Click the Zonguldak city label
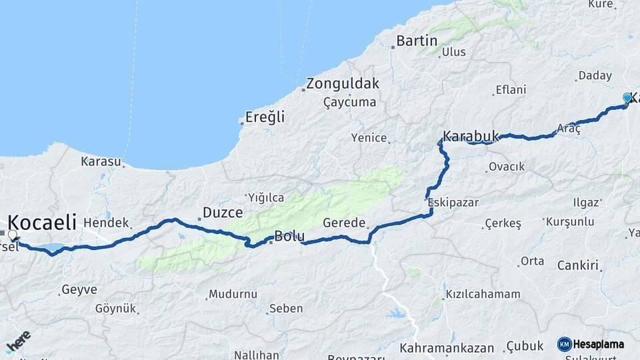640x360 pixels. point(342,84)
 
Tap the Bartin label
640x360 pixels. point(417,41)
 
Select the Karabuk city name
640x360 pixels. point(471,135)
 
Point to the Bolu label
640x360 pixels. point(290,236)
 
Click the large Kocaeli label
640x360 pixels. point(42,222)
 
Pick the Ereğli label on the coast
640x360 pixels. point(265,117)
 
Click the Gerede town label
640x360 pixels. point(344,223)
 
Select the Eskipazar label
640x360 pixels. point(453,202)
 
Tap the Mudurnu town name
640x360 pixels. point(233,293)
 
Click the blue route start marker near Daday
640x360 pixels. point(627,99)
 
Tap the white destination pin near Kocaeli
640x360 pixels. point(12,235)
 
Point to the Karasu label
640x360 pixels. point(101,161)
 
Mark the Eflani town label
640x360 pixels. point(511,89)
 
